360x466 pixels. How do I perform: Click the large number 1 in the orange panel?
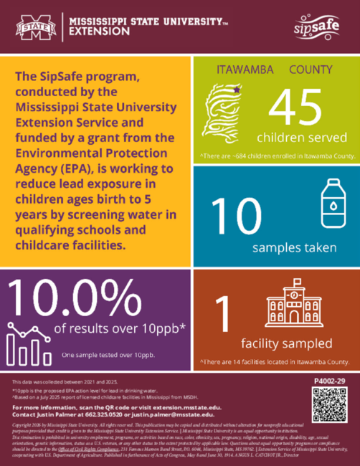tap(226, 315)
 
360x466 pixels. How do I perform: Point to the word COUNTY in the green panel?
tap(310, 70)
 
